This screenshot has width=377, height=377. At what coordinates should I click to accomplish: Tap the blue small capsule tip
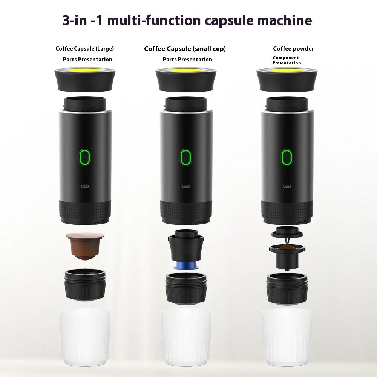pos(185,265)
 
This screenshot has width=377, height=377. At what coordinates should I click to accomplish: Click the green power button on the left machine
pos(85,157)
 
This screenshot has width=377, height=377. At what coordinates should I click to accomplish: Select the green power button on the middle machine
pos(185,158)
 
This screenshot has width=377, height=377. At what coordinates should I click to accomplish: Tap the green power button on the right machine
pos(287,157)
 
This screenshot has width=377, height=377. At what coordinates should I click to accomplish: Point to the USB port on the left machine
pos(85,186)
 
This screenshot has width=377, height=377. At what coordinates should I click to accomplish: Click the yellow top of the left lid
pos(85,70)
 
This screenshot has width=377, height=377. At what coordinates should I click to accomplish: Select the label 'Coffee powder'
pos(293,49)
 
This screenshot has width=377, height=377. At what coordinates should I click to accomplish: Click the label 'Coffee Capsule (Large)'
pos(84,49)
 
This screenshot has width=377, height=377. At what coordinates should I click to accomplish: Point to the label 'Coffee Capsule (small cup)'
pos(185,49)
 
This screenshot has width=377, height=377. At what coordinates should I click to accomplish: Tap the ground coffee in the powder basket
pos(287,247)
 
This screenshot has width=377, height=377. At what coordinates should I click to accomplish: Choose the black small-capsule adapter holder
pos(185,247)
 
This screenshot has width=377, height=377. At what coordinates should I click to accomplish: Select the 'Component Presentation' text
pos(287,60)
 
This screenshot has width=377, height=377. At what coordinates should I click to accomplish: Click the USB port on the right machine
pos(287,186)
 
